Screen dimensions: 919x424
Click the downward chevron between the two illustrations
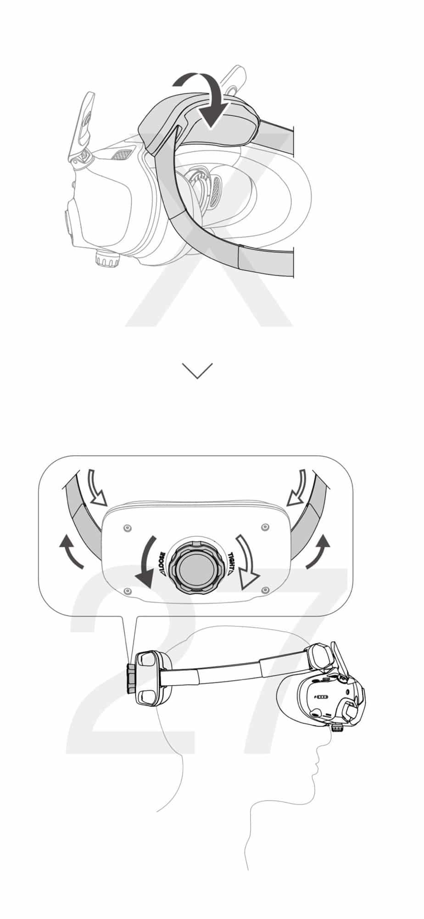coord(197,370)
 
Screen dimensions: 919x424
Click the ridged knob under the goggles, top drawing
coord(108,259)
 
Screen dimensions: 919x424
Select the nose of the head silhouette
coord(320,749)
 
